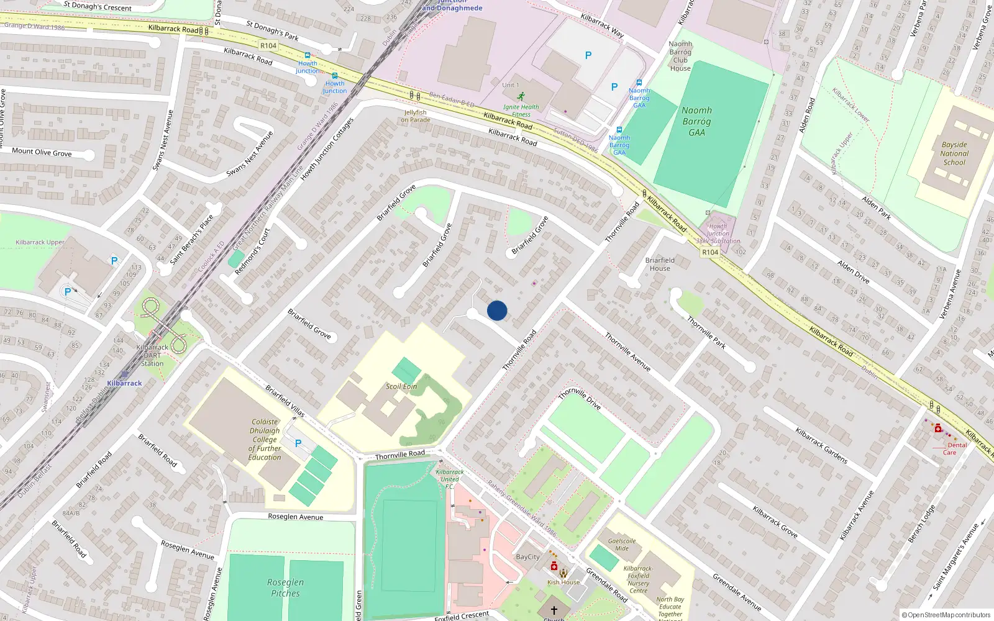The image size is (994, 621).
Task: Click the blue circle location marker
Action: click(x=497, y=310)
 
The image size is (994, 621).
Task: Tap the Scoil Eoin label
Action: click(x=401, y=386)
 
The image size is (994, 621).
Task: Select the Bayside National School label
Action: click(x=954, y=153)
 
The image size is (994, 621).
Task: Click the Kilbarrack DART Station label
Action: click(x=152, y=356)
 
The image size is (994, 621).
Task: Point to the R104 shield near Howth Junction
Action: click(x=268, y=45)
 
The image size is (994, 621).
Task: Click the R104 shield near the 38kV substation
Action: click(x=709, y=252)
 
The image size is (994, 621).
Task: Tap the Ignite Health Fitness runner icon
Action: click(x=521, y=97)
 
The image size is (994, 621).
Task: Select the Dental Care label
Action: click(x=953, y=448)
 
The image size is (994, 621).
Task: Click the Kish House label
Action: click(x=563, y=582)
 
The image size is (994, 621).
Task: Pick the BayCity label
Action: click(x=527, y=557)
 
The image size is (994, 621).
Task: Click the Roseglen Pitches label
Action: click(x=285, y=587)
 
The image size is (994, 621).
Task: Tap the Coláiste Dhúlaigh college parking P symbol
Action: click(x=298, y=443)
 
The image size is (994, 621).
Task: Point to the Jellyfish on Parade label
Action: click(x=416, y=116)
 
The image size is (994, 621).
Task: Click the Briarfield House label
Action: click(x=660, y=265)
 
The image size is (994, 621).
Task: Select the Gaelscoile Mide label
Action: click(x=622, y=545)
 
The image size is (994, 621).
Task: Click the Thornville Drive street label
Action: click(x=579, y=398)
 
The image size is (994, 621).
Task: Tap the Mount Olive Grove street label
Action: click(x=42, y=152)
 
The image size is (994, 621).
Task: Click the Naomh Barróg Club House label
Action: click(x=680, y=56)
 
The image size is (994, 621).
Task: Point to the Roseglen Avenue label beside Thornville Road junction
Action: click(x=295, y=517)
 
